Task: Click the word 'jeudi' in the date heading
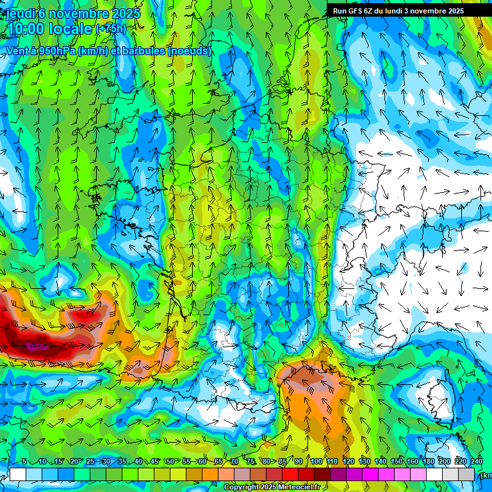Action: point(20,13)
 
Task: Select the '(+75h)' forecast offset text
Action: point(111,29)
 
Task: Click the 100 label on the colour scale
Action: point(316,462)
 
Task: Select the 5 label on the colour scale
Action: point(24,462)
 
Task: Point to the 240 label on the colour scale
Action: point(477,462)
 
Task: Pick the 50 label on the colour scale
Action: point(170,462)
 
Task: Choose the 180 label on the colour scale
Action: point(428,462)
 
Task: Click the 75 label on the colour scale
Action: point(251,462)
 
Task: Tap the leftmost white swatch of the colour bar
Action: point(17,474)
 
